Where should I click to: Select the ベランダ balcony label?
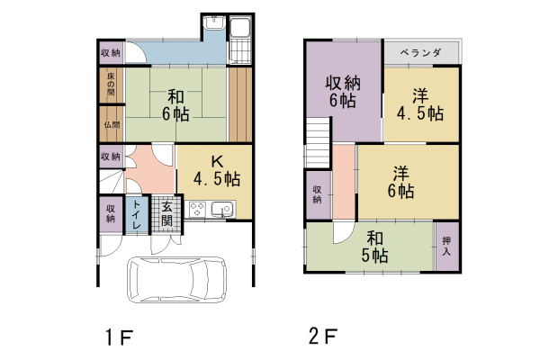coord(420,53)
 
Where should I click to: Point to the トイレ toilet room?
coord(135,216)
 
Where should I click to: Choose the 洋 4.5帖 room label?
coord(420,104)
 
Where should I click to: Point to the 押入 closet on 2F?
coord(446,246)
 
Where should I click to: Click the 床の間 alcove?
coord(111,85)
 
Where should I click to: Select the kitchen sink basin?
coord(221,210)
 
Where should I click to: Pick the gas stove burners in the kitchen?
coord(196,210)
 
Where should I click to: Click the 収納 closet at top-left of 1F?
coord(111,53)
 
